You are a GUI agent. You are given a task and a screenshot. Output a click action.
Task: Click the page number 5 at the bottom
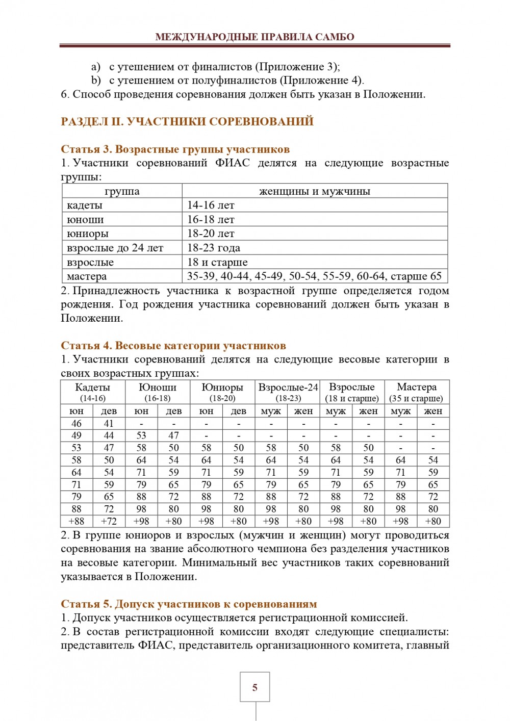[x=254, y=687]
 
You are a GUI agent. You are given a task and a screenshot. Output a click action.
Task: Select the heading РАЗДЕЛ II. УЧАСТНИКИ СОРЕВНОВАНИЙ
[x=187, y=121]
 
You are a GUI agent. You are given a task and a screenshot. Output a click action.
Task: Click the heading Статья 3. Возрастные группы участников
[x=175, y=149]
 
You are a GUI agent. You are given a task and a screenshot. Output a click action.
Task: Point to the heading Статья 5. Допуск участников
[x=189, y=604]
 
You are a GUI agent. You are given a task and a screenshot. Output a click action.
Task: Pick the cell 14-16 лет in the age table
[x=211, y=205]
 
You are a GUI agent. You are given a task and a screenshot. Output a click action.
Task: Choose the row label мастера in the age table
[x=87, y=276]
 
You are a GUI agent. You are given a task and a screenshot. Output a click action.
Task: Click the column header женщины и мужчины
[x=315, y=191]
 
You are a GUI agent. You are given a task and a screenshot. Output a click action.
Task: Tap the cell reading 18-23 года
[x=213, y=248]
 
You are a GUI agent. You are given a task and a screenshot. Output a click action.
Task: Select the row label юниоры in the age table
[x=88, y=234]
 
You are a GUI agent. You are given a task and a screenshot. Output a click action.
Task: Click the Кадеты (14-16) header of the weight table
[x=92, y=392]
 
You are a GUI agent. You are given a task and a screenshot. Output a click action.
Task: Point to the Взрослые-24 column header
[x=288, y=388]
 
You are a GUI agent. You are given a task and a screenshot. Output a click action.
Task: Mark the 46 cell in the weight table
[x=76, y=423]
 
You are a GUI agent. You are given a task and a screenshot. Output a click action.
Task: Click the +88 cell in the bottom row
[x=76, y=521]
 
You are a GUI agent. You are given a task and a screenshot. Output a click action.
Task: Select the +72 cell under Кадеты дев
[x=109, y=521]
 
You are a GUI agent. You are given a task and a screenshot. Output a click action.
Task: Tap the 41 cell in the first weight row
[x=109, y=423]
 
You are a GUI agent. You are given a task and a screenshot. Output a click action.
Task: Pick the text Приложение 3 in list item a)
[x=296, y=66]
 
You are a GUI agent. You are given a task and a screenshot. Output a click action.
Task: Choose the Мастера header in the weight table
[x=416, y=388]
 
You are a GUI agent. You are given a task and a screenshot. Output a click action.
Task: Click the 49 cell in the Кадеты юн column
[x=76, y=435]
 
